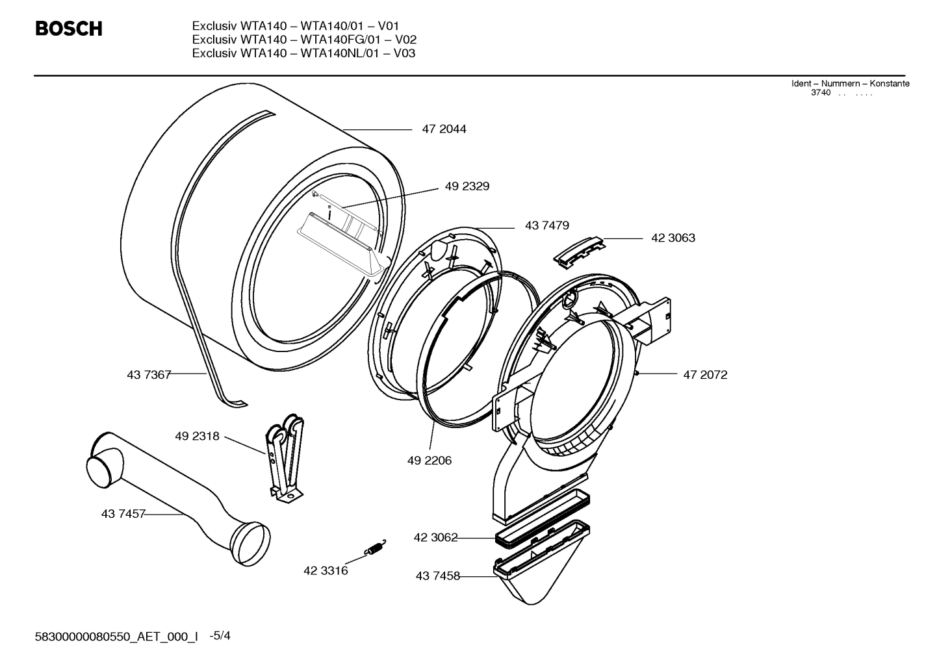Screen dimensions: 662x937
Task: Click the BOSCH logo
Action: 68,29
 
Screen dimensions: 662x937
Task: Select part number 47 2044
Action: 444,129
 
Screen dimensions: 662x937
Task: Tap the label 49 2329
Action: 467,186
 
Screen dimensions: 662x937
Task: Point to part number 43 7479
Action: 546,225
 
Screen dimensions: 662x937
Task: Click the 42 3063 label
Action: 673,238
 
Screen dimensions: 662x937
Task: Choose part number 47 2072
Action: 705,375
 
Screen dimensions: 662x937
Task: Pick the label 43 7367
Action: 149,374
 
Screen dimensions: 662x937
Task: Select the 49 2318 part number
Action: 197,437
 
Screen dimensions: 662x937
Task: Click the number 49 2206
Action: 430,461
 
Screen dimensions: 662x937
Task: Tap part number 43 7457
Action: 123,514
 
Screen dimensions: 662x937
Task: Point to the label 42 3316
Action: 326,571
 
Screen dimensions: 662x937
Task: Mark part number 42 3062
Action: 435,537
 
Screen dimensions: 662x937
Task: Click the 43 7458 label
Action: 437,576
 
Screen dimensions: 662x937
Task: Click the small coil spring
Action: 376,548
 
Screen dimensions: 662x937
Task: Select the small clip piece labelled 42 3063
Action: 579,249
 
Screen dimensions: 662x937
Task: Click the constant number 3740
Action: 821,93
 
